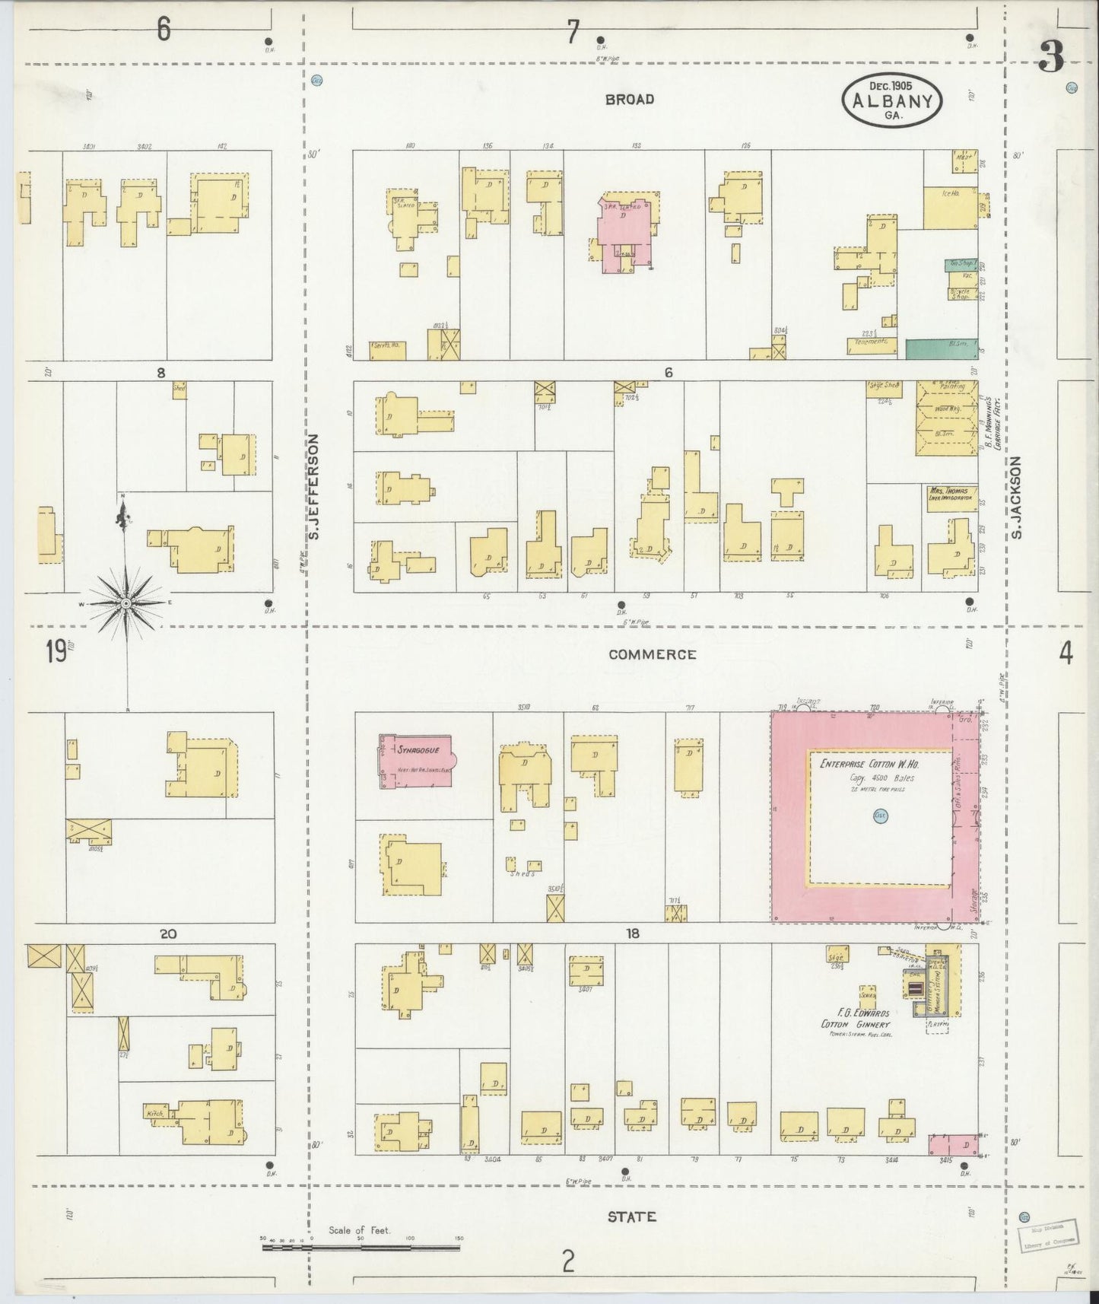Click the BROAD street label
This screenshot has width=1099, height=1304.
pyautogui.click(x=629, y=100)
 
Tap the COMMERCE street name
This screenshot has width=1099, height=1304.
pyautogui.click(x=652, y=654)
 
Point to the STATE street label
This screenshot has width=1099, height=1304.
pyautogui.click(x=631, y=1217)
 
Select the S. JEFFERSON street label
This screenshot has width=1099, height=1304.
pyautogui.click(x=313, y=488)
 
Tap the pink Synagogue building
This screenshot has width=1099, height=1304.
pyautogui.click(x=415, y=762)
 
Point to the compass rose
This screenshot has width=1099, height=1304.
pyautogui.click(x=125, y=603)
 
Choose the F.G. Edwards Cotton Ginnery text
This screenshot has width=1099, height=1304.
pyautogui.click(x=855, y=1019)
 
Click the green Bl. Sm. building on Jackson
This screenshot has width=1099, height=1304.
pyautogui.click(x=941, y=349)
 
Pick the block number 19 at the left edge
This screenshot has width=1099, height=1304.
pyautogui.click(x=56, y=651)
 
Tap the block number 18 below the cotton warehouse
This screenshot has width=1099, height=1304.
pyautogui.click(x=632, y=933)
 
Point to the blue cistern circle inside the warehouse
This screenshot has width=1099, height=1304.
pyautogui.click(x=881, y=815)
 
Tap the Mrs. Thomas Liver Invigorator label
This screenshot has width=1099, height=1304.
pyautogui.click(x=951, y=493)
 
